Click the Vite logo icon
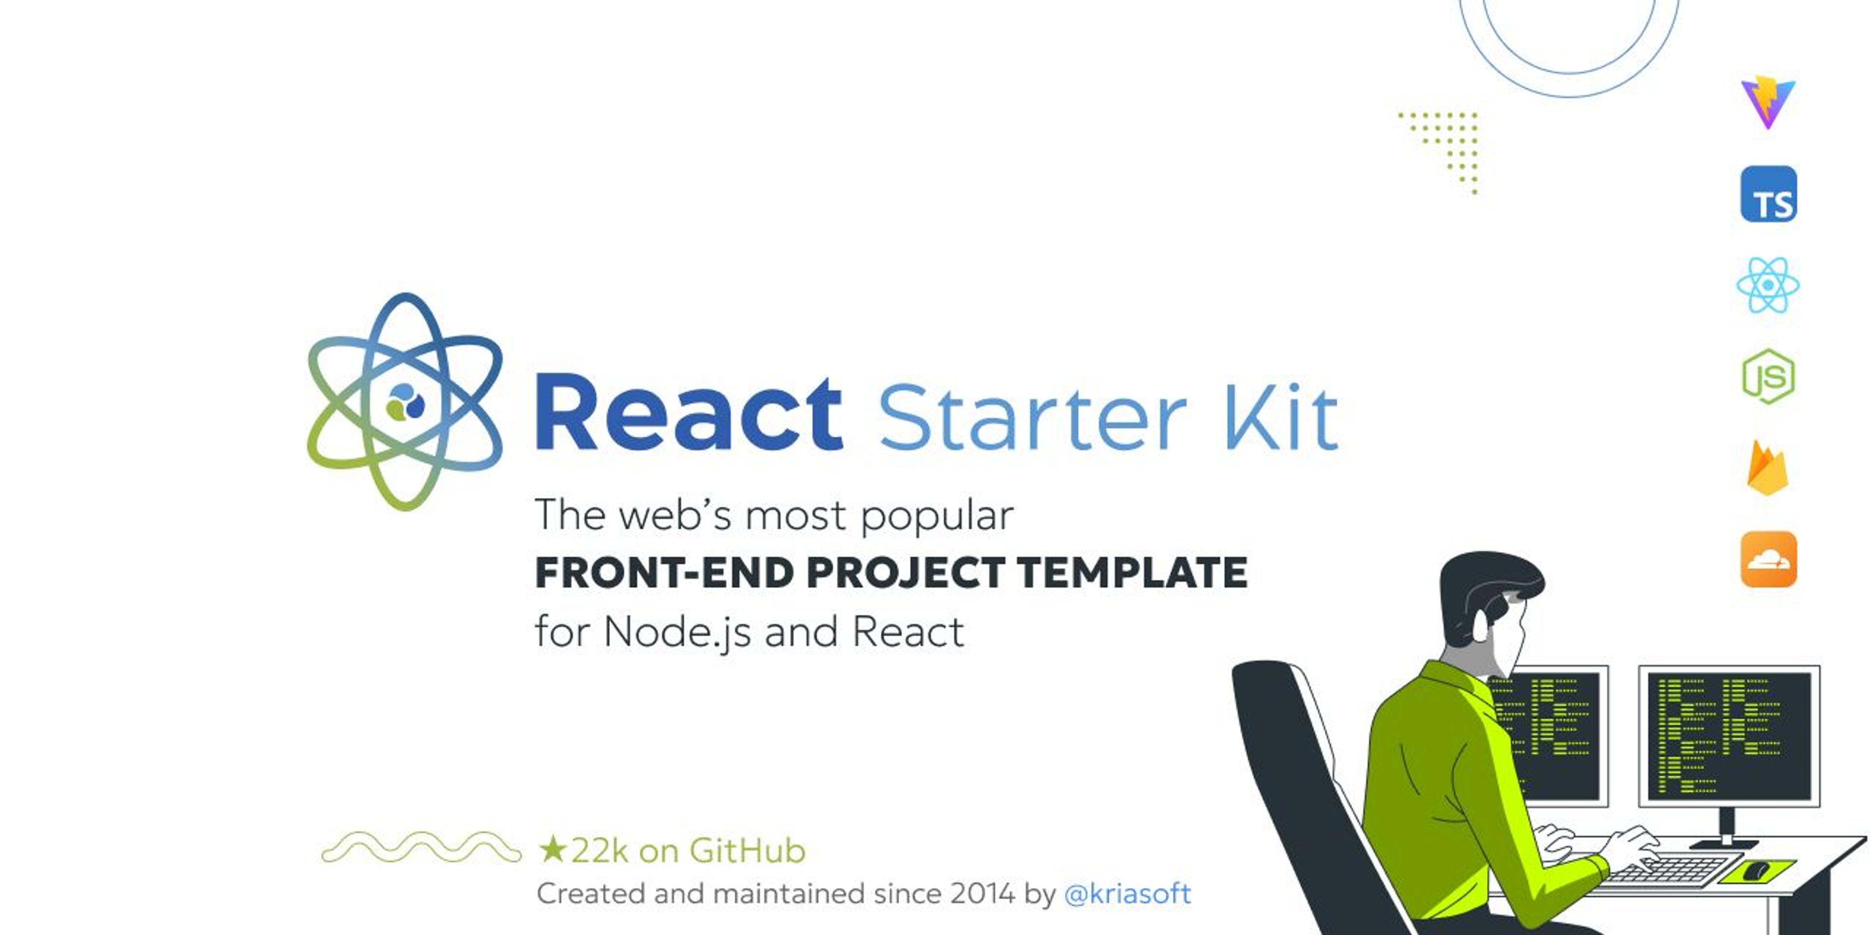coord(1768,102)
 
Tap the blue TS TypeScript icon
coord(1768,194)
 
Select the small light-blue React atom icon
coord(1768,285)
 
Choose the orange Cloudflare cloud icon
coord(1768,559)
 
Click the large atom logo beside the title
coord(404,401)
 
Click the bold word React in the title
coord(688,414)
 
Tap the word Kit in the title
coord(1281,417)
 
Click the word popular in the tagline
coord(936,517)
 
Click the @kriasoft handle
coord(1127,894)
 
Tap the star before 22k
coord(552,849)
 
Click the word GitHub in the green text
coord(747,851)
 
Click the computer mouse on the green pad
coord(1757,870)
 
